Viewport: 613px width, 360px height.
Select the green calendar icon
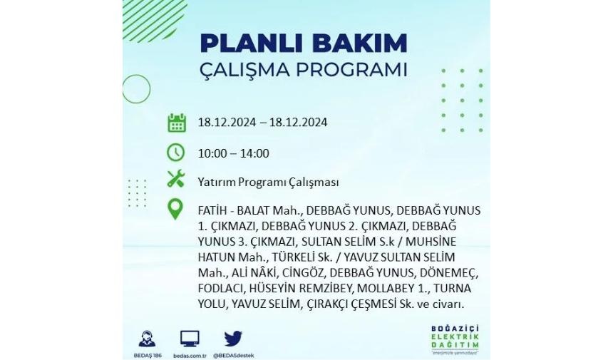pos(177,123)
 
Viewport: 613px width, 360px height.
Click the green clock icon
pos(176,153)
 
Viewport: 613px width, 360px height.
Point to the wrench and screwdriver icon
pos(176,179)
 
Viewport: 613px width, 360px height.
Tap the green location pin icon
pos(175,209)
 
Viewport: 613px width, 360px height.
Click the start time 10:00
pos(212,153)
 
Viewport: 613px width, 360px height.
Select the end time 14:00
pos(254,153)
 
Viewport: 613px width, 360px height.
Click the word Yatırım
pos(217,182)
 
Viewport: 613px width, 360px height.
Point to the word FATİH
pos(212,211)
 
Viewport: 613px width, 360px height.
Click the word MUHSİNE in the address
pos(431,242)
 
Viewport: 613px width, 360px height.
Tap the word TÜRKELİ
pos(295,257)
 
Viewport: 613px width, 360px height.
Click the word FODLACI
pos(221,289)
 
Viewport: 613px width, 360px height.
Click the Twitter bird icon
pos(233,339)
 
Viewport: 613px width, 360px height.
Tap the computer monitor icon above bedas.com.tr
pos(190,339)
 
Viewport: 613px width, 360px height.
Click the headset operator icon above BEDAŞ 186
pos(147,339)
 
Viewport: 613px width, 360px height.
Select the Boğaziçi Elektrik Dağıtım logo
pos(455,339)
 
